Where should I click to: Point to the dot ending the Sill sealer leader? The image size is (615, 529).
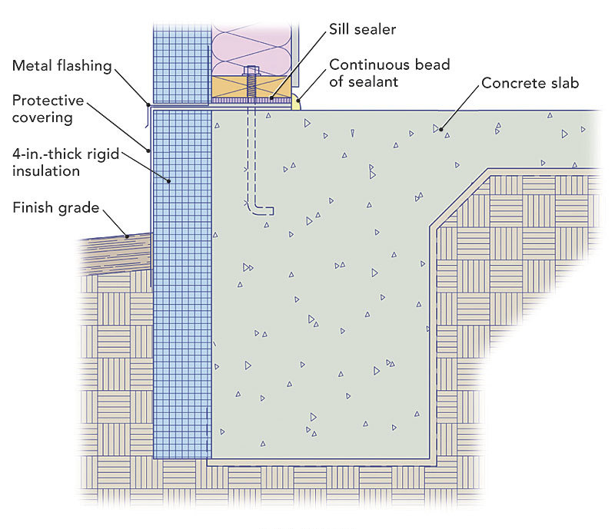(271, 99)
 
